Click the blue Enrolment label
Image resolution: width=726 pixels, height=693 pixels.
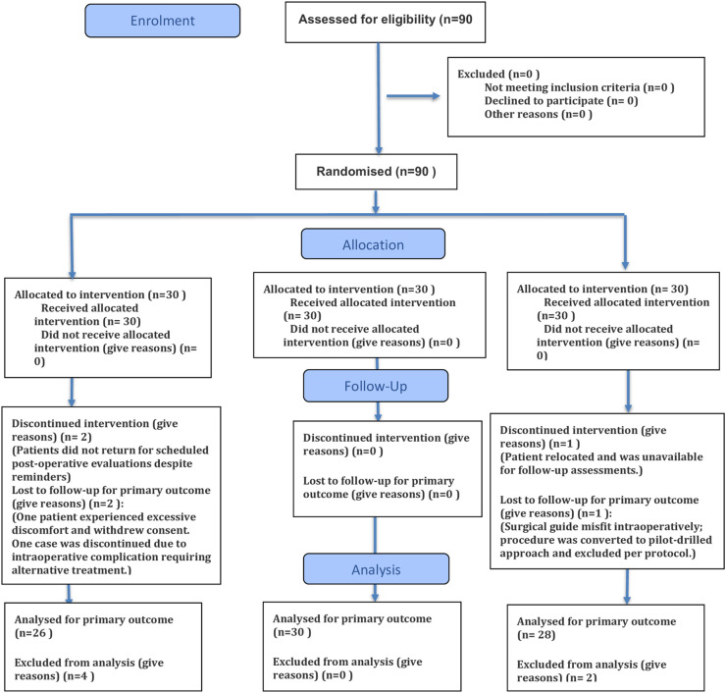163,21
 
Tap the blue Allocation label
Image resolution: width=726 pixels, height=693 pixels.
373,243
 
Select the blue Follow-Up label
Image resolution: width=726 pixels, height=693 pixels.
376,386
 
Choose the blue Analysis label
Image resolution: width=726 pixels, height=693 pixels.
376,569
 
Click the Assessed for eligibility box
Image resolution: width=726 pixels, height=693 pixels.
386,23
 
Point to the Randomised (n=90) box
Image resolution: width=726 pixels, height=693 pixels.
377,172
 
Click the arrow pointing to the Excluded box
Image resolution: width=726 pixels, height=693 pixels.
413,96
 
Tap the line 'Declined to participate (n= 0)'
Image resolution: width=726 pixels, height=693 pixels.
561,101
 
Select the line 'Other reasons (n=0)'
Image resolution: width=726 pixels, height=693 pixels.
538,115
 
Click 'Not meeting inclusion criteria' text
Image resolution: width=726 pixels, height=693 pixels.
562,87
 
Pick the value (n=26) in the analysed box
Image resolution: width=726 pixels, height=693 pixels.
33,633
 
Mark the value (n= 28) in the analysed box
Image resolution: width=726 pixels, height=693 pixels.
537,635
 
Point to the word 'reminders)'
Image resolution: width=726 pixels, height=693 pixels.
41,477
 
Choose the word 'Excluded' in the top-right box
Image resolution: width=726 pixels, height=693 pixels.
481,75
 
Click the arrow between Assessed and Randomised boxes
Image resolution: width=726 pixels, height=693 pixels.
379,99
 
